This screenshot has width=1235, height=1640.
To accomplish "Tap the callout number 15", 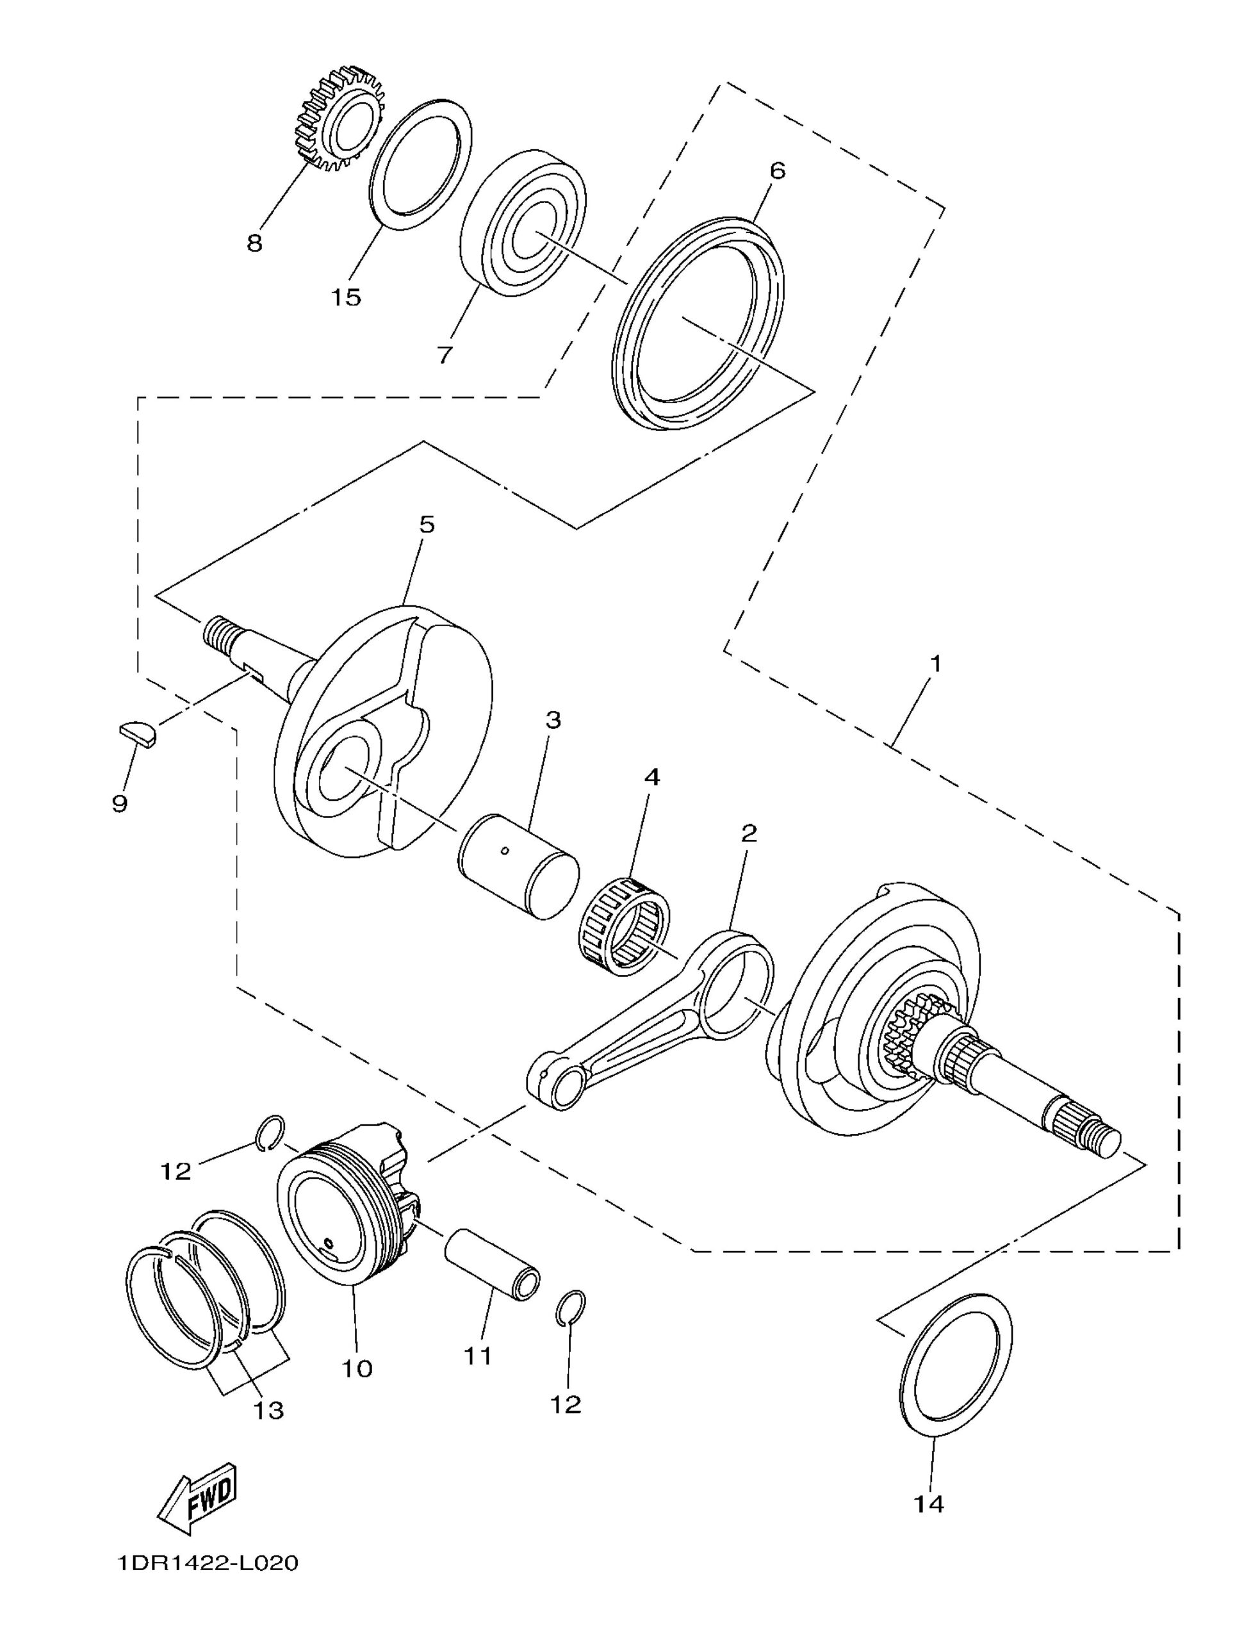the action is [345, 297].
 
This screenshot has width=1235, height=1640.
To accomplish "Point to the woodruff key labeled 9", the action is [138, 732].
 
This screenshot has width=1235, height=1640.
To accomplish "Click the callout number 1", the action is [935, 663].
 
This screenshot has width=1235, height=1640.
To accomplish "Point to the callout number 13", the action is [269, 1409].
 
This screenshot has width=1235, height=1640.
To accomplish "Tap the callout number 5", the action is [427, 525].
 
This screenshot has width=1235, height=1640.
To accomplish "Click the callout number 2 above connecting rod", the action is [749, 833].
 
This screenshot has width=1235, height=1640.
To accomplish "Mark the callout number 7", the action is [443, 354].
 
